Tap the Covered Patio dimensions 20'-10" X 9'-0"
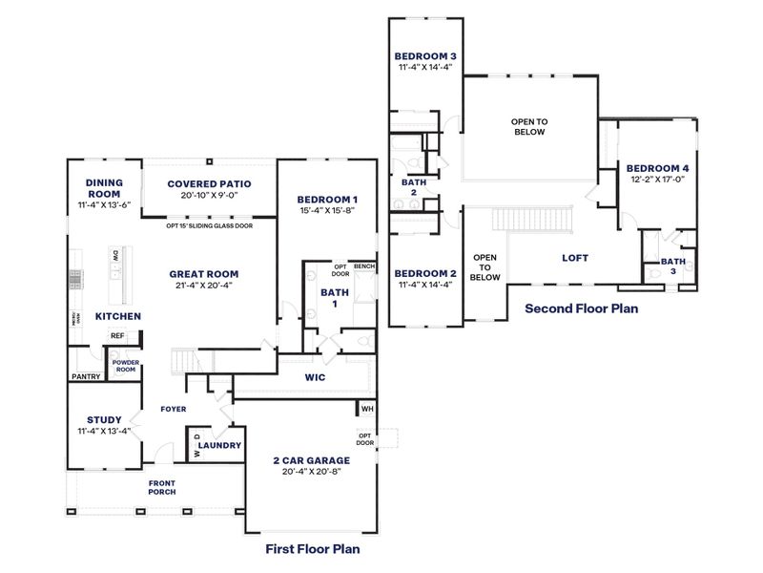pos(209,195)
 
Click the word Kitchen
pos(118,316)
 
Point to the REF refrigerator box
pos(118,336)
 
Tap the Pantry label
pos(85,376)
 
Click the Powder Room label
pos(125,366)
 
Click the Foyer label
pos(173,409)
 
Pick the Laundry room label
pos(219,445)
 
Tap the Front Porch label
pos(162,487)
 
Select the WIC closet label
pos(315,378)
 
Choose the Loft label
pos(575,258)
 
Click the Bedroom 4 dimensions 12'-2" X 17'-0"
pos(658,179)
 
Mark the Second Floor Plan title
pos(581,308)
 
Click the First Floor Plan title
pos(312,549)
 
